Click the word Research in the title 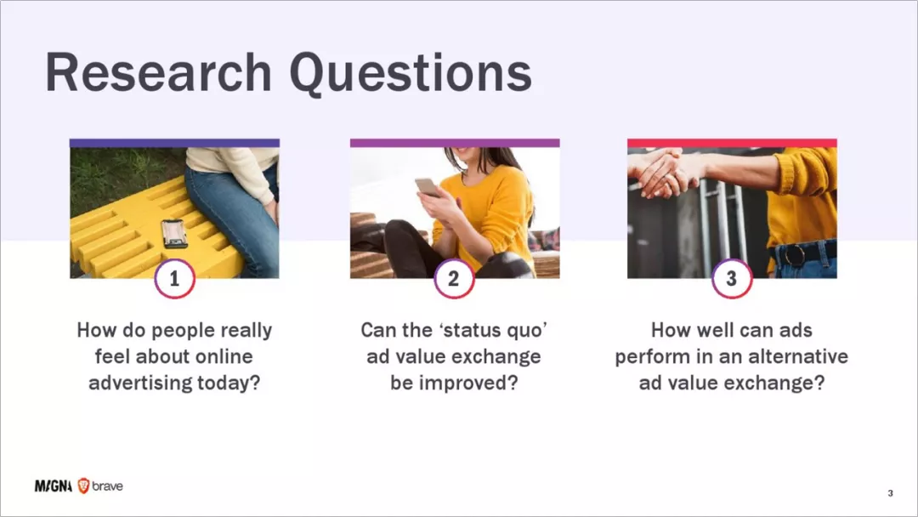click(158, 72)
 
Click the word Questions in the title click(411, 73)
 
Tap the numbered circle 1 click(174, 279)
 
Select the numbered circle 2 click(454, 279)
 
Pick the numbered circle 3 click(731, 279)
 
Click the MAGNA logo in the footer click(54, 486)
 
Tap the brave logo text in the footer click(107, 486)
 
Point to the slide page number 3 click(891, 493)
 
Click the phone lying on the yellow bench click(174, 233)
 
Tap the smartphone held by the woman click(427, 187)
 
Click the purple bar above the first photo click(174, 143)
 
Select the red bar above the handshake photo click(732, 143)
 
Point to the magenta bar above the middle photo click(455, 143)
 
